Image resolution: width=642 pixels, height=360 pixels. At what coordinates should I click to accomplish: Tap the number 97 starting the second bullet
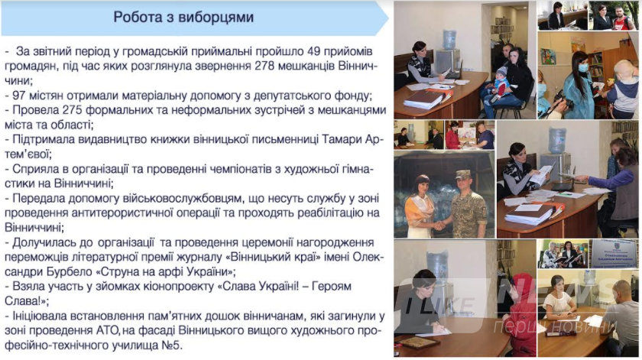click(19, 96)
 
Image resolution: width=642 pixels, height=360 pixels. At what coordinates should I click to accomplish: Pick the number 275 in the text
click(73, 110)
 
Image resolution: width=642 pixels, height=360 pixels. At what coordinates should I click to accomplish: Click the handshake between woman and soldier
click(440, 225)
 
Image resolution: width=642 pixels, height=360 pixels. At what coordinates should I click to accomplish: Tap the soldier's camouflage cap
click(462, 174)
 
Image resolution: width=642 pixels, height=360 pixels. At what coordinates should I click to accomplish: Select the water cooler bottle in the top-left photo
click(449, 39)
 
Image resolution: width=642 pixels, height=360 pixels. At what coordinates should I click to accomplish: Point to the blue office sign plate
click(614, 253)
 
